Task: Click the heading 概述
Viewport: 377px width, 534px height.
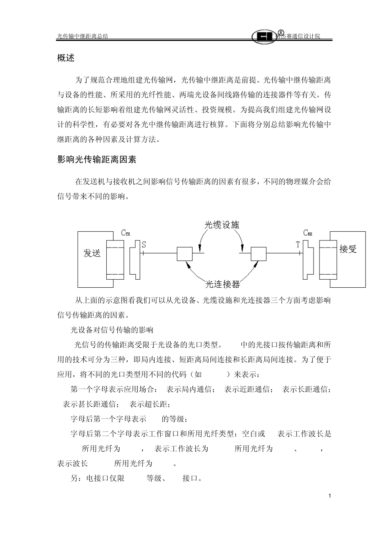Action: point(66,58)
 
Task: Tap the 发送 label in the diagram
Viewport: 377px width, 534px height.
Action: point(92,253)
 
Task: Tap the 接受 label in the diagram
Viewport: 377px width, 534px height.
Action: point(348,249)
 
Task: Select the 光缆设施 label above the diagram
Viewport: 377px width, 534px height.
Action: point(222,224)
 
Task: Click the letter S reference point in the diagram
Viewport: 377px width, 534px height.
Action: point(144,244)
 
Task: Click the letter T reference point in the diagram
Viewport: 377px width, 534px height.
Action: point(298,245)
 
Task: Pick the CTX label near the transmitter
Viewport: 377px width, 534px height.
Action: point(125,233)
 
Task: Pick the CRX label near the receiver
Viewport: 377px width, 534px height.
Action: point(308,233)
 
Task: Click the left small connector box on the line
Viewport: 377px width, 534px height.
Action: point(184,253)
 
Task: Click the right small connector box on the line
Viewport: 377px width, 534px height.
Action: point(258,253)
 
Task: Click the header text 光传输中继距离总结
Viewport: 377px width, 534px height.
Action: point(83,36)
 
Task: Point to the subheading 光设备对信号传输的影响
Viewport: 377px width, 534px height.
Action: point(112,330)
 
